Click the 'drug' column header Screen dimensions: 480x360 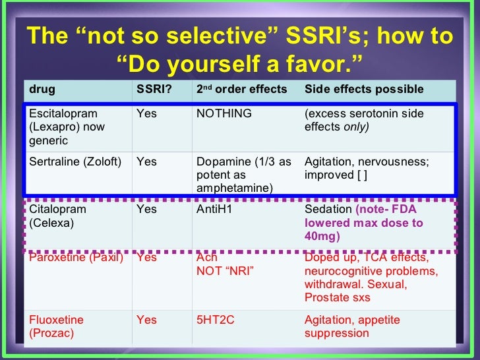tap(42, 90)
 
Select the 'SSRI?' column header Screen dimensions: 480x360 tap(154, 89)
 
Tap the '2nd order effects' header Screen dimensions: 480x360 tap(241, 89)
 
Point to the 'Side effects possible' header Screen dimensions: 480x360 tap(364, 89)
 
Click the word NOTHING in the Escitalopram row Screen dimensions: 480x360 tap(224, 113)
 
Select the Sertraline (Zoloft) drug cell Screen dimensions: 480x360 tap(75, 162)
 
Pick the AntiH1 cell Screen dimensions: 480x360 tap(214, 209)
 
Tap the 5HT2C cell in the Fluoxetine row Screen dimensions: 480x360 tap(215, 320)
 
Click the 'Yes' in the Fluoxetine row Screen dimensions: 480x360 tap(146, 320)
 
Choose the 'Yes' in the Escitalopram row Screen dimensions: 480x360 tap(146, 113)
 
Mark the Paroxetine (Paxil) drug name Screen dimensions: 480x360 tap(76, 257)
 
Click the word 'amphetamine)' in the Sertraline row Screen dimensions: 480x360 tap(235, 188)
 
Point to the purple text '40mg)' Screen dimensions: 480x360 tap(322, 236)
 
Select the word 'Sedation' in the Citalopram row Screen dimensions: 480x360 tap(328, 209)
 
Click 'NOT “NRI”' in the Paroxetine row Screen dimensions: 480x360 tap(225, 271)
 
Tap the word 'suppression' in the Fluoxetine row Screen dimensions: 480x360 tap(337, 334)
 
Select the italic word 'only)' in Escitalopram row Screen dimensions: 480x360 tap(356, 127)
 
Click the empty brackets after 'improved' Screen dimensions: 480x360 tap(362, 175)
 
